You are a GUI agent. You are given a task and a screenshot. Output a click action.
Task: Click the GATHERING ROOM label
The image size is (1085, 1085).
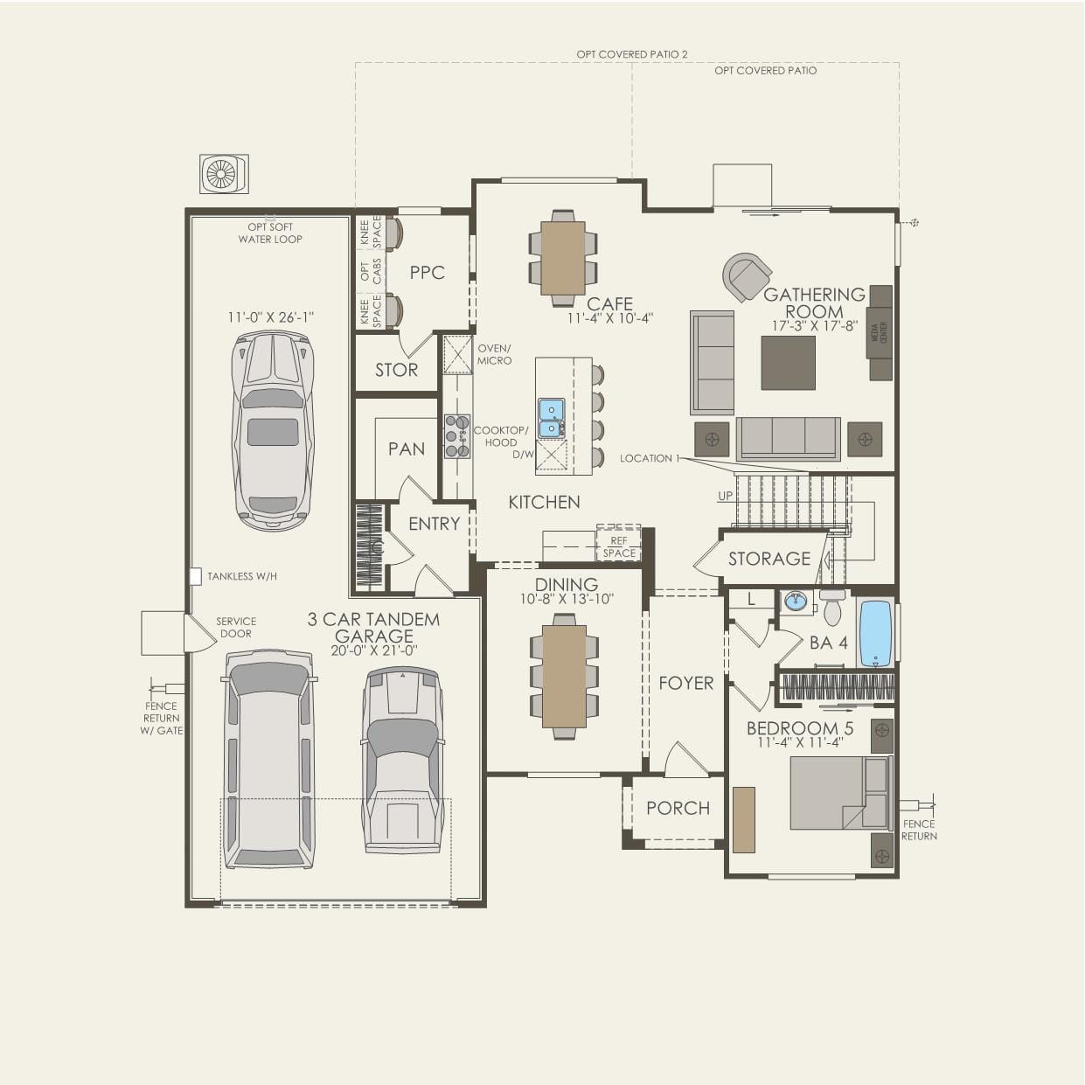click(x=813, y=303)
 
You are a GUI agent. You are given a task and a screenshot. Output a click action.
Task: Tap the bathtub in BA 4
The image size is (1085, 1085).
click(x=875, y=633)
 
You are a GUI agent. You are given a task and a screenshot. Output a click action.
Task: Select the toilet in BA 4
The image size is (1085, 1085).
click(x=832, y=608)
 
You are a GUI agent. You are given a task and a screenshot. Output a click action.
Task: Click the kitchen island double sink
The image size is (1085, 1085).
click(x=551, y=418)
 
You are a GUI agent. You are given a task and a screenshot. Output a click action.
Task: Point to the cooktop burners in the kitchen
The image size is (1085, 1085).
click(x=456, y=436)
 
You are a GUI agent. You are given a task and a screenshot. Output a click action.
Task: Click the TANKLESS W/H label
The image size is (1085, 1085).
click(x=241, y=576)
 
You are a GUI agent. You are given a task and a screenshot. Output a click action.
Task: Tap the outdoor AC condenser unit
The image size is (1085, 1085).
click(x=224, y=174)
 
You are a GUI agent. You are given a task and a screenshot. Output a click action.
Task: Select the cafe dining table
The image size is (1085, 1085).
click(x=563, y=258)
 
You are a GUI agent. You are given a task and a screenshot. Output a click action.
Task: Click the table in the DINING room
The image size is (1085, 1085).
click(x=564, y=676)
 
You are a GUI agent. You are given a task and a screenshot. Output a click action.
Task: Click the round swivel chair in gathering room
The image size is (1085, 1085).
click(x=747, y=277)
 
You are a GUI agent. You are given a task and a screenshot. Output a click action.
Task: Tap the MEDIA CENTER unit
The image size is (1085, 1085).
click(x=880, y=332)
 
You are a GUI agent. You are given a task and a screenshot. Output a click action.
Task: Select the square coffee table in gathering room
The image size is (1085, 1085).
click(x=788, y=363)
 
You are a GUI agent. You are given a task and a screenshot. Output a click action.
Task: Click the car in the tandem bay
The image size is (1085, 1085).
click(x=273, y=430)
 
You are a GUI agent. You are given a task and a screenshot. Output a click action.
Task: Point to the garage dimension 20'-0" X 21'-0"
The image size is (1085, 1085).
click(x=373, y=650)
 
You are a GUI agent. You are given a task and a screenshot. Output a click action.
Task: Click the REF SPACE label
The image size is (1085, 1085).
click(x=619, y=546)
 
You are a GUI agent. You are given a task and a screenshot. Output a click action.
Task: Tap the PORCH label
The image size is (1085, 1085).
click(x=678, y=808)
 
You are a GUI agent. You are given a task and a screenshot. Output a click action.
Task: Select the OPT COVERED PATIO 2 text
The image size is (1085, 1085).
click(x=631, y=54)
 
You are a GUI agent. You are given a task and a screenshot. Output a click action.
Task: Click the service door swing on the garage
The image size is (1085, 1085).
click(x=198, y=633)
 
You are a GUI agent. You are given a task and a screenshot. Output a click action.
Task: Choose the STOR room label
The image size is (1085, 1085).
click(x=396, y=370)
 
